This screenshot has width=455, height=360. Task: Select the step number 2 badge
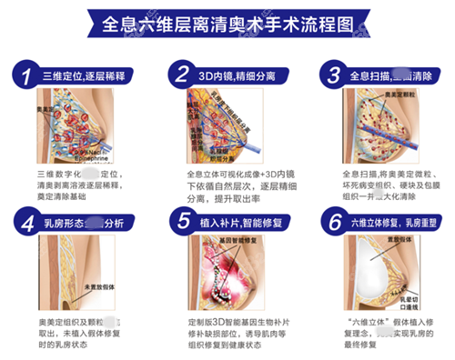pos(182,74)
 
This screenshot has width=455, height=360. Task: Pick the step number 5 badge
pos(182,220)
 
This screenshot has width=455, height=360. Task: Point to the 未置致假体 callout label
pos(99,289)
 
